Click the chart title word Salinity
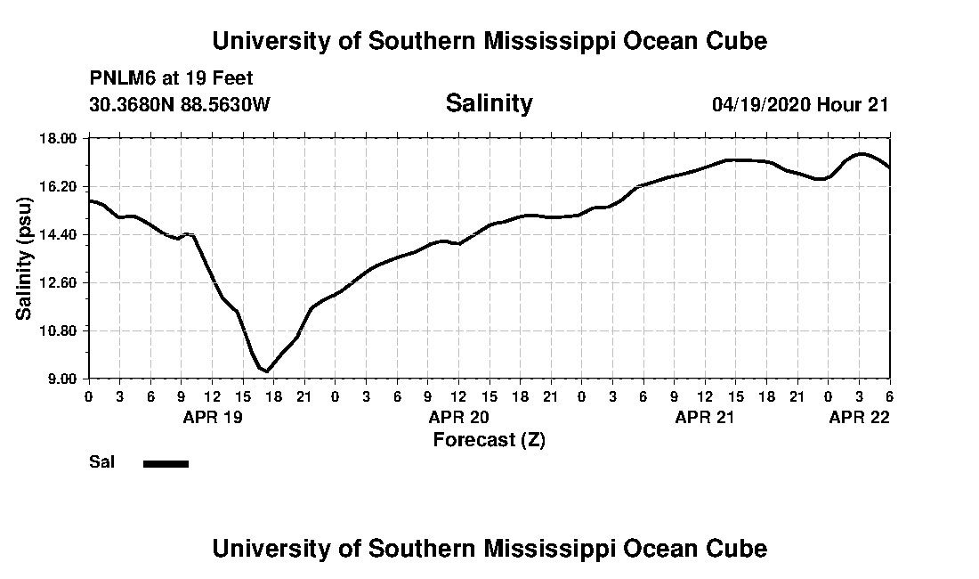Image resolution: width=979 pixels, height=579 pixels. tap(489, 103)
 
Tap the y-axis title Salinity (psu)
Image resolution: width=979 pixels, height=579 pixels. tap(25, 258)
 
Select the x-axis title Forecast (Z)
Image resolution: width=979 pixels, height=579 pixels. tap(489, 439)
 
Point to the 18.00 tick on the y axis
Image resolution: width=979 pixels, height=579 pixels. tap(63, 139)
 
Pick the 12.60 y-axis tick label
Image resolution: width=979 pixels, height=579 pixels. tap(63, 282)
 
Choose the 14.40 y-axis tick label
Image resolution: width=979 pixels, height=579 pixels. tap(63, 234)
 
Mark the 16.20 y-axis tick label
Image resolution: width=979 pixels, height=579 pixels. tap(63, 187)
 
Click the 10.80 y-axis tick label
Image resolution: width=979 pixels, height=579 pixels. tap(63, 330)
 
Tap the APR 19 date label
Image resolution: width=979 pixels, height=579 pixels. tap(213, 417)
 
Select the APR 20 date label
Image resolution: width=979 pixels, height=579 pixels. tap(458, 417)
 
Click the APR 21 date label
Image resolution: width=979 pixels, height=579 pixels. tap(705, 417)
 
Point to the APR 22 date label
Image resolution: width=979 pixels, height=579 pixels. tap(859, 417)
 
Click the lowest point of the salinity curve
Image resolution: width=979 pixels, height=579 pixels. tap(267, 371)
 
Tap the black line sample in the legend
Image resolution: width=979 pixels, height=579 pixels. tap(166, 463)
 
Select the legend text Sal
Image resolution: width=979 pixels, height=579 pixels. tap(100, 462)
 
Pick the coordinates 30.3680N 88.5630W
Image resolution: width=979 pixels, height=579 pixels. tap(180, 104)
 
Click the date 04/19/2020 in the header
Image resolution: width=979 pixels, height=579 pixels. tap(761, 104)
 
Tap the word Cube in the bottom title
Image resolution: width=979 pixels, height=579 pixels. tap(740, 548)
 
